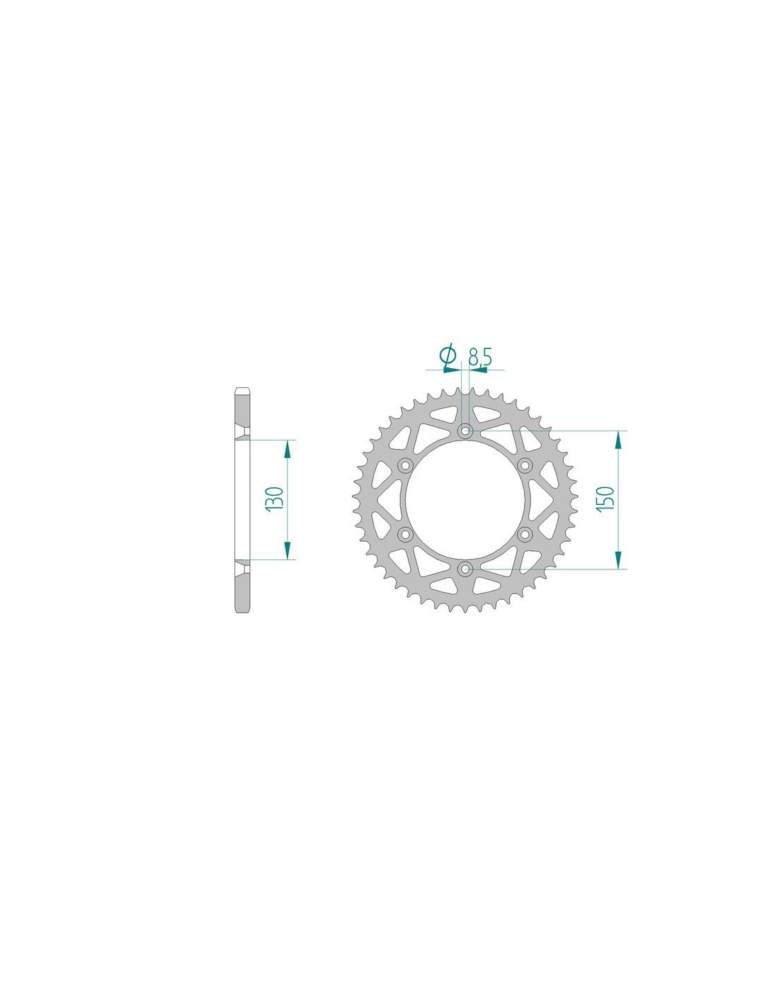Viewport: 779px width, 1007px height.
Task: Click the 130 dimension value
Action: [x=275, y=499]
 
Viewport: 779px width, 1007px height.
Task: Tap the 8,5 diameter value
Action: [x=479, y=357]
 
